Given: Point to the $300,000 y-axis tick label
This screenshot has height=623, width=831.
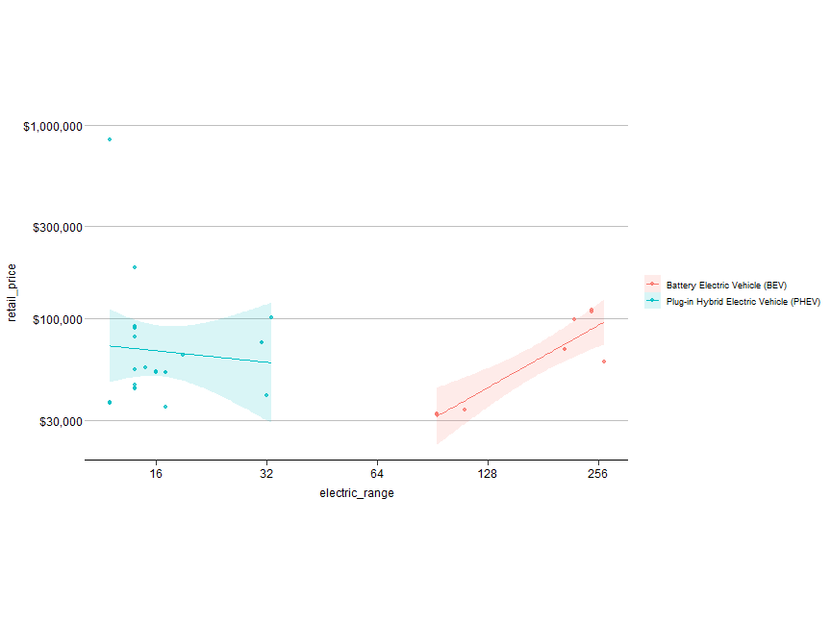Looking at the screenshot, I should click(51, 227).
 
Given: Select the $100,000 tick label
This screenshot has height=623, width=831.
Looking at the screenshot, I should click(51, 319).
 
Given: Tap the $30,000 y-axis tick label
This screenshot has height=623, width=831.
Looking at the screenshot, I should click(54, 421).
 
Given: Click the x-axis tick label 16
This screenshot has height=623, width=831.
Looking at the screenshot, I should click(156, 473).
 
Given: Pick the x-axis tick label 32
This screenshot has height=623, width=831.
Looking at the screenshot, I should click(266, 473).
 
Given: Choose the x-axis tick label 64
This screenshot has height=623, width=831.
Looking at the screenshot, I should click(377, 473).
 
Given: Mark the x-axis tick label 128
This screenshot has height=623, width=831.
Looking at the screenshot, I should click(488, 473).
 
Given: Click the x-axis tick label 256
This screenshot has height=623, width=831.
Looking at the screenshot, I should click(598, 473).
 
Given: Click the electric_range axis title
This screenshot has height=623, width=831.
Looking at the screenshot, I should click(357, 493).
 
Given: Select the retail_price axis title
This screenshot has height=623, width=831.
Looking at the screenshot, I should click(13, 293).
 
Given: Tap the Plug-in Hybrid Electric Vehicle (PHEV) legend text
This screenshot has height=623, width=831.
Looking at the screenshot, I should click(743, 302).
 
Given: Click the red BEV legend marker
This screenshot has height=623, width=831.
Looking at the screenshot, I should click(653, 285).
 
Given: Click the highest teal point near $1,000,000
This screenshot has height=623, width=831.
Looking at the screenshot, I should click(110, 139).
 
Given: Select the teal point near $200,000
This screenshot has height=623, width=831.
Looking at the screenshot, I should click(135, 267).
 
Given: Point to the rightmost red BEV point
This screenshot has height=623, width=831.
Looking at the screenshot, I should click(604, 361).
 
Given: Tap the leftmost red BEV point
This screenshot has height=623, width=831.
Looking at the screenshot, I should click(437, 414).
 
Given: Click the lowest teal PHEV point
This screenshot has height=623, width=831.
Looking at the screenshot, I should click(165, 407).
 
